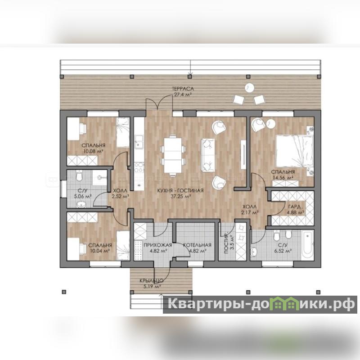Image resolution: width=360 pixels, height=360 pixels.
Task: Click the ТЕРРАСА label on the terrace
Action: pyautogui.click(x=183, y=89)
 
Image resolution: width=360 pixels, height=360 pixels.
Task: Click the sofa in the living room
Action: pyautogui.click(x=208, y=155)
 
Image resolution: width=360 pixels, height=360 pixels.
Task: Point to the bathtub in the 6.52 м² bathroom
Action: pyautogui.click(x=307, y=245)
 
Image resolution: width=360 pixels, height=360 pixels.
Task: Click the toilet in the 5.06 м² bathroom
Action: pyautogui.click(x=80, y=176)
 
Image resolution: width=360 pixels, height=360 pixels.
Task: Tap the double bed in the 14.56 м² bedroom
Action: pyautogui.click(x=295, y=151)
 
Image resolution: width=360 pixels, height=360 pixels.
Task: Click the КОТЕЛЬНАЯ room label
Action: pyautogui.click(x=197, y=245)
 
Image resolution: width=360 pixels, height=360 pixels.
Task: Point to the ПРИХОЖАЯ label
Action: pyautogui.click(x=158, y=245)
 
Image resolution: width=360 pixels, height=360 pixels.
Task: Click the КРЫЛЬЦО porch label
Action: pyautogui.click(x=152, y=280)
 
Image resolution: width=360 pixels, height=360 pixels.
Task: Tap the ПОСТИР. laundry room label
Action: pyautogui.click(x=226, y=243)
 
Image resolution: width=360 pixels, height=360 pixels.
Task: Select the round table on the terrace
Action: pyautogui.click(x=249, y=88)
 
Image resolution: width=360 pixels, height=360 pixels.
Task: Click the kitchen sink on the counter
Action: pyautogui.click(x=139, y=141)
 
